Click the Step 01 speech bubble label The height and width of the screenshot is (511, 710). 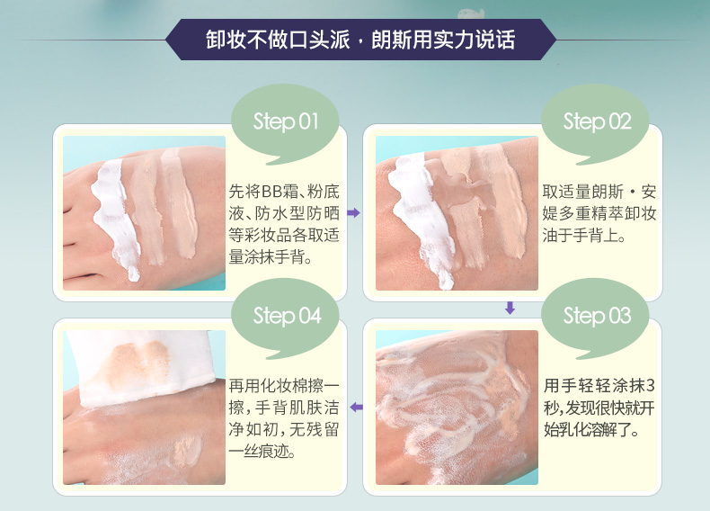click(286, 121)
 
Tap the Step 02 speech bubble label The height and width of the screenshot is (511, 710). click(597, 121)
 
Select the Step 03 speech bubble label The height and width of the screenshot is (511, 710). click(597, 316)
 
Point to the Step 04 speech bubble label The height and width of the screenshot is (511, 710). click(287, 316)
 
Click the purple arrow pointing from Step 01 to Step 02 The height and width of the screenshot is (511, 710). click(353, 212)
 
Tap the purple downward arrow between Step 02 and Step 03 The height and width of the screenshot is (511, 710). click(510, 308)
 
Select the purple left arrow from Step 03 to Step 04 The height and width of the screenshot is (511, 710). click(357, 408)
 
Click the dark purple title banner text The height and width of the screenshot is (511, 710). click(360, 40)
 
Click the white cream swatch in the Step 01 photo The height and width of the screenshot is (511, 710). click(114, 218)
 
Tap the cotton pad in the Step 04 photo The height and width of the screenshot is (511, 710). click(140, 365)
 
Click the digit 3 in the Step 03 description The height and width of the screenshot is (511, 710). click(650, 385)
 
